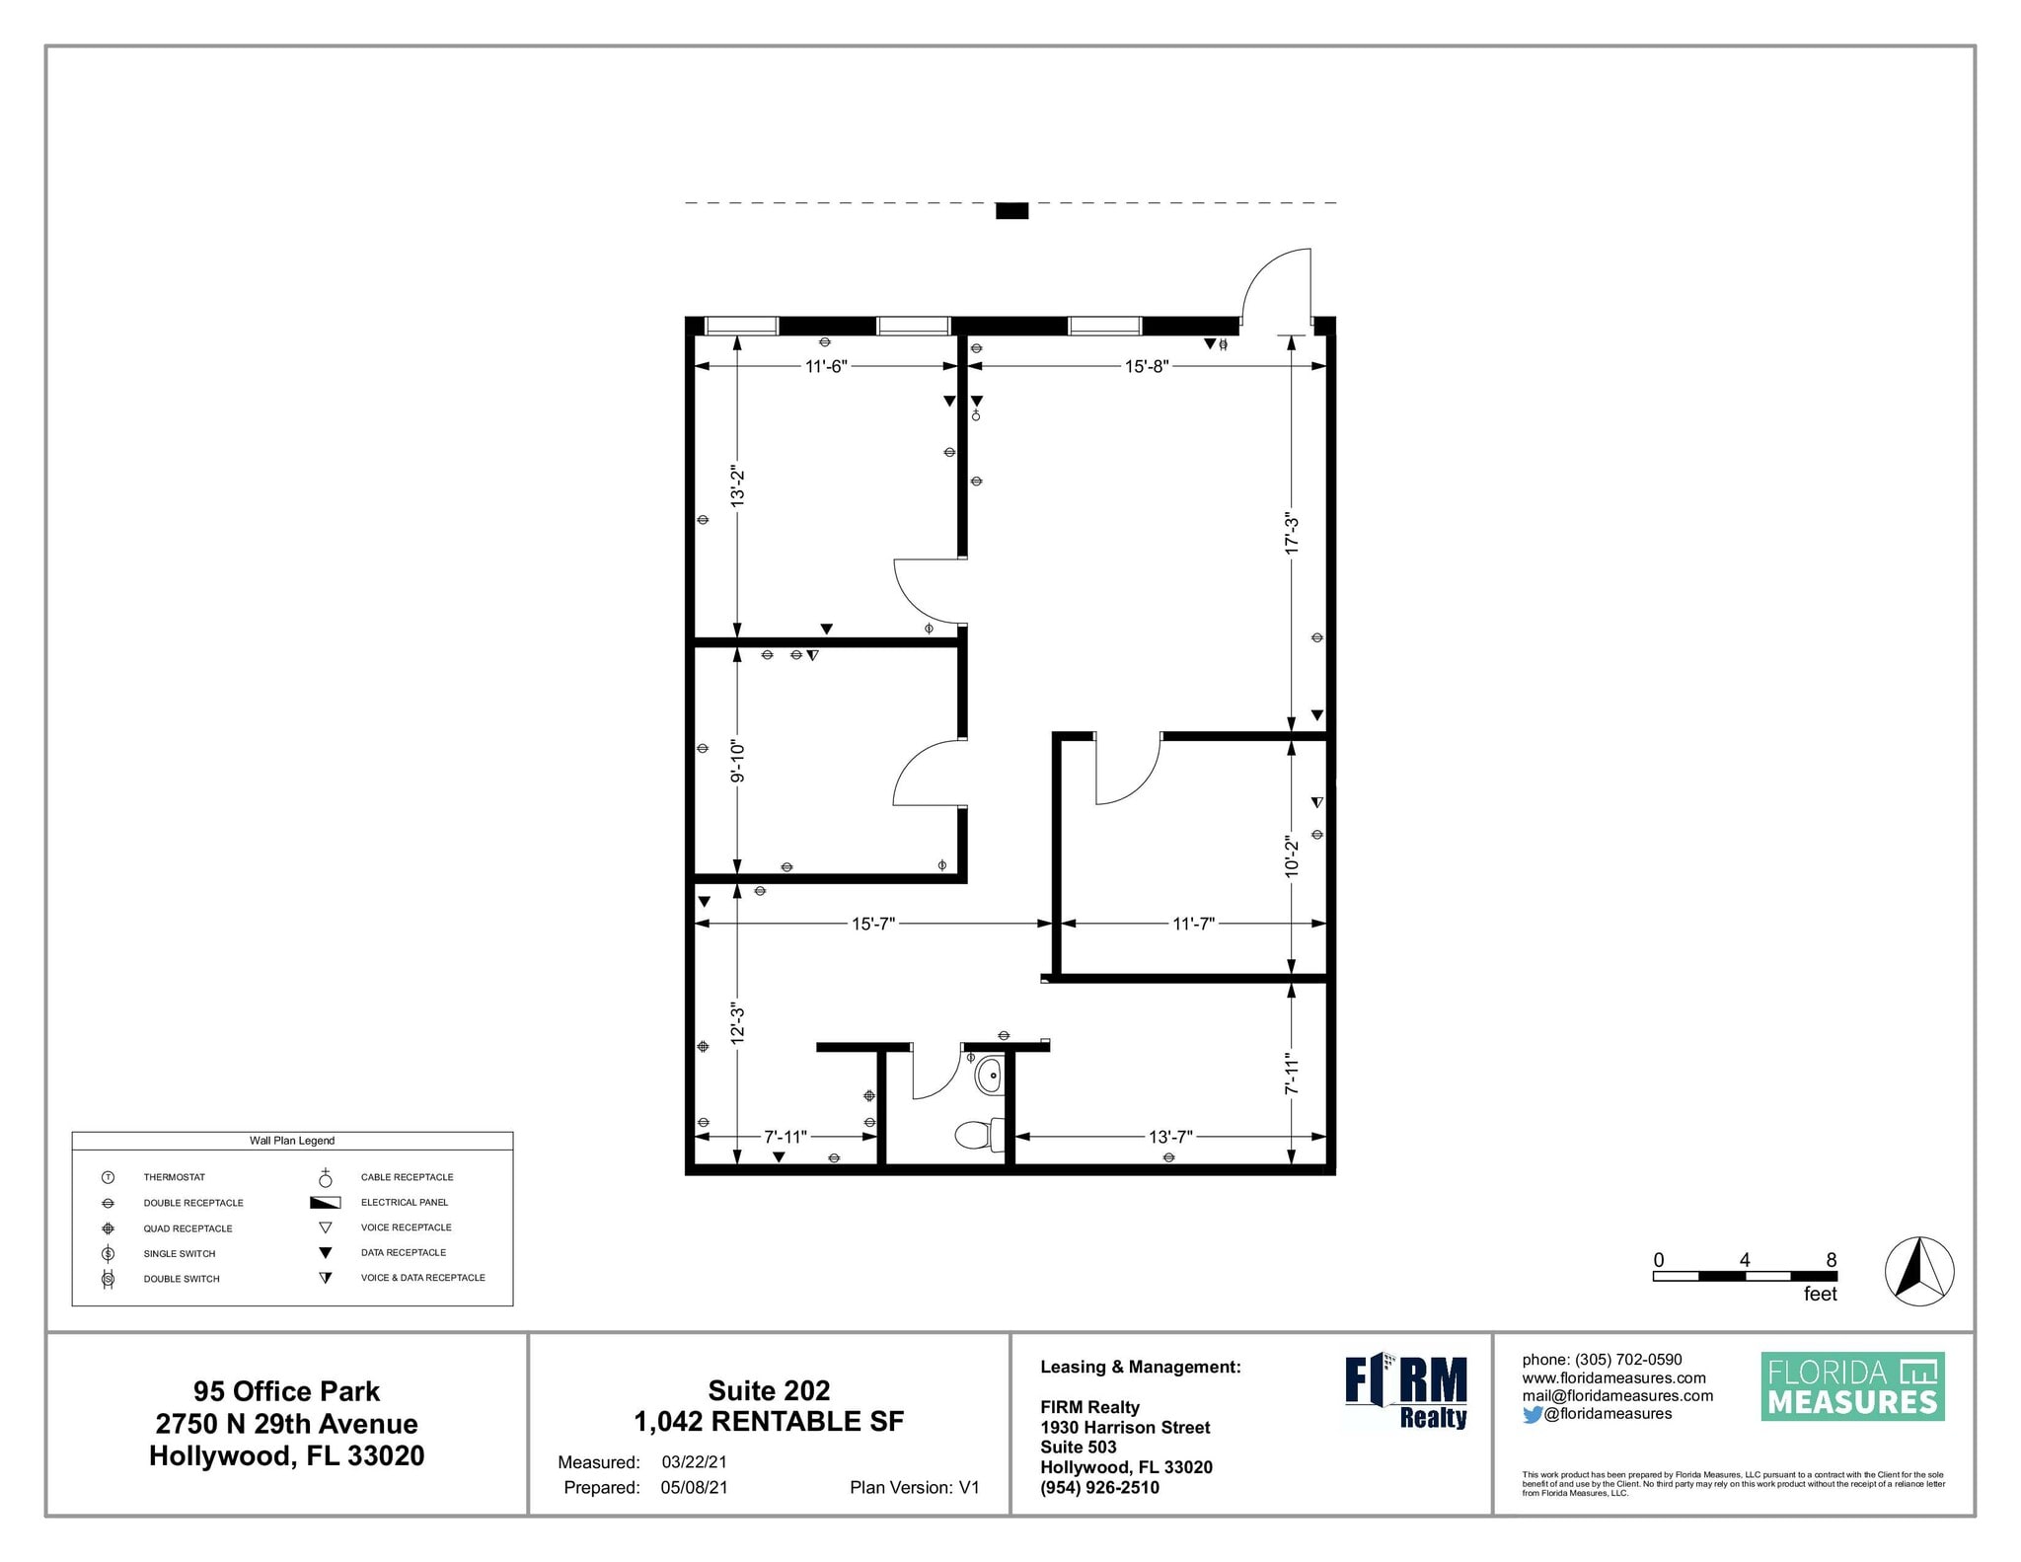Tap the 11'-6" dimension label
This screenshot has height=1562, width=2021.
826,366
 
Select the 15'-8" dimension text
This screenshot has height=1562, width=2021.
1147,366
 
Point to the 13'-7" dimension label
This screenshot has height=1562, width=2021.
1170,1137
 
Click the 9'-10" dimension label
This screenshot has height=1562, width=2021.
737,762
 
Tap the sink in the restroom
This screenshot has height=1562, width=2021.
989,1074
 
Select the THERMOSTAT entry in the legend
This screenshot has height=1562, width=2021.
174,1177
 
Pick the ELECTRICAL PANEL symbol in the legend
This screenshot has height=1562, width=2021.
325,1203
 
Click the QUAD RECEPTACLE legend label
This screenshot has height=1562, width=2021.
187,1228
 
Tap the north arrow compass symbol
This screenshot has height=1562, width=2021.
1918,1271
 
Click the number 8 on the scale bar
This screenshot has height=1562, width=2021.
1831,1260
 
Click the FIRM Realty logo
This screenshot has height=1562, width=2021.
1405,1392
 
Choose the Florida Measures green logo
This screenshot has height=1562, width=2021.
1852,1386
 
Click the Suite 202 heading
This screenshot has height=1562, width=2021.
769,1390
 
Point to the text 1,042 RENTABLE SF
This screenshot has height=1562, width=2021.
769,1421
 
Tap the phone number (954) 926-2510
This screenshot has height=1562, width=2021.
1099,1487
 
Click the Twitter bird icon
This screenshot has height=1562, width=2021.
1532,1414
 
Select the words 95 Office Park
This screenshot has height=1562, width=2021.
286,1391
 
